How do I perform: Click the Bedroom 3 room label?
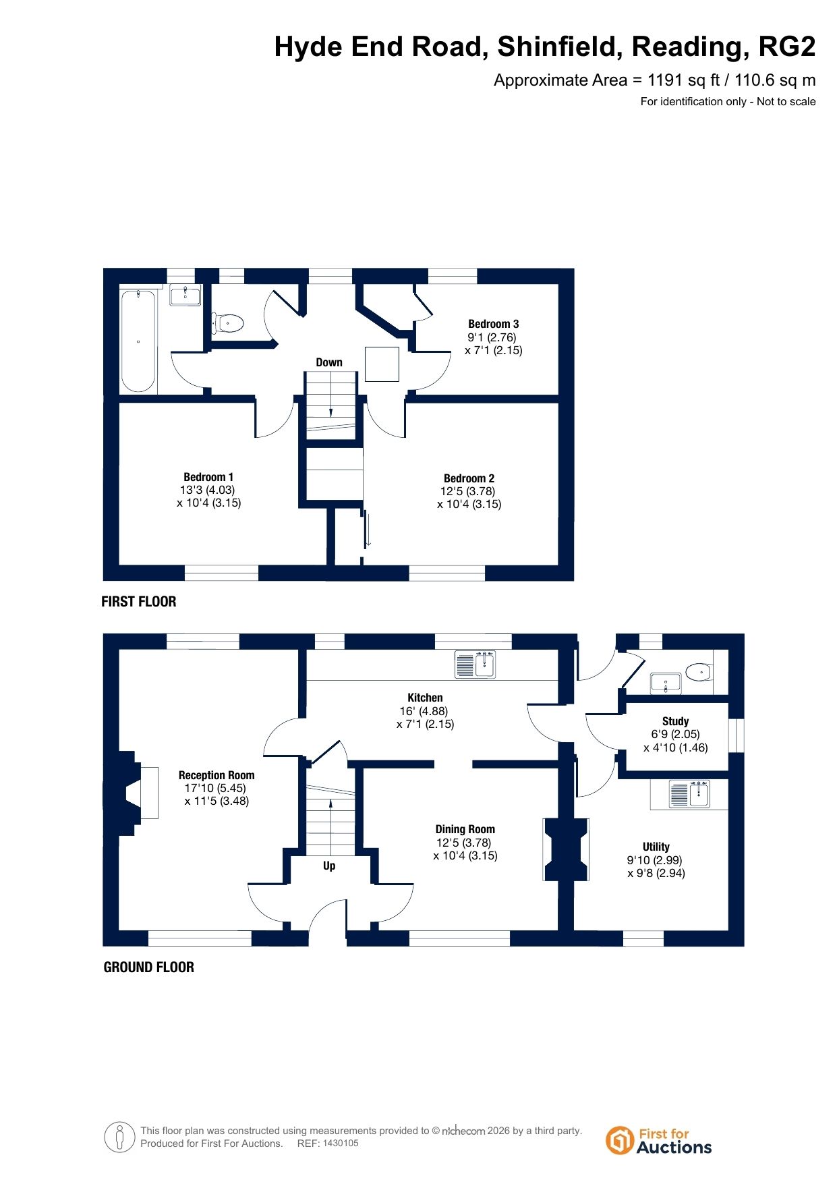(494, 324)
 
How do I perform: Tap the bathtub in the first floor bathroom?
(138, 341)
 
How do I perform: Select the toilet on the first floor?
(227, 323)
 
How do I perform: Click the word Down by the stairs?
(329, 362)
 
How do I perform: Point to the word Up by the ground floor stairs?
(329, 866)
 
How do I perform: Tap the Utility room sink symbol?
(690, 794)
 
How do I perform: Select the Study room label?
(675, 721)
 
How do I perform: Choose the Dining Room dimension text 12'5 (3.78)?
(464, 843)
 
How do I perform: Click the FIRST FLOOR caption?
(139, 602)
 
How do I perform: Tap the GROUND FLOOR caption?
(149, 967)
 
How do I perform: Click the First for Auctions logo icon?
(618, 1140)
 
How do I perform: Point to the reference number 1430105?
(341, 1144)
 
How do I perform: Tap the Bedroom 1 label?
(208, 477)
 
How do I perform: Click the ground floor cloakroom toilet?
(699, 671)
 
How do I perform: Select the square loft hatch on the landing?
(382, 364)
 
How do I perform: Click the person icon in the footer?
(120, 1137)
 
